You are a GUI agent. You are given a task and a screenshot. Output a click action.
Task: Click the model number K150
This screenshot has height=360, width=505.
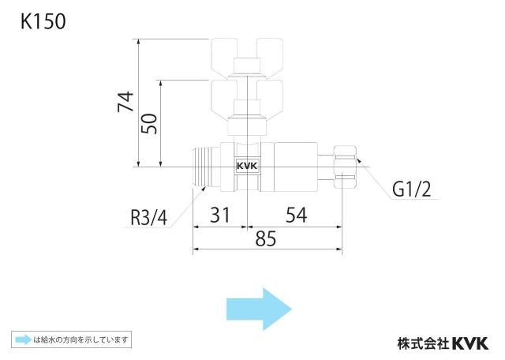tap(43, 21)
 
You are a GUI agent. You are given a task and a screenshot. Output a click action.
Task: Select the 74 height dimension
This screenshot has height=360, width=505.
tap(125, 101)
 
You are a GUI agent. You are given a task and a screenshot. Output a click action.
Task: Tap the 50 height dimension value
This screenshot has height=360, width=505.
tap(149, 123)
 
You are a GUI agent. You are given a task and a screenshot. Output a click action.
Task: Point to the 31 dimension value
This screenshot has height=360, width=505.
tap(220, 215)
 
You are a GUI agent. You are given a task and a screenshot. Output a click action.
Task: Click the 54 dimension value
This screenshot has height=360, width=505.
tap(297, 215)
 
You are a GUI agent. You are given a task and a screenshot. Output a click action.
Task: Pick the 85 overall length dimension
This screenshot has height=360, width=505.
tap(266, 239)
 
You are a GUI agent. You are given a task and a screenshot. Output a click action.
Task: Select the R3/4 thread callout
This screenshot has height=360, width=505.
tap(149, 217)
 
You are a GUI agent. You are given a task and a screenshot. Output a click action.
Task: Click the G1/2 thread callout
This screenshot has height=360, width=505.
tap(411, 189)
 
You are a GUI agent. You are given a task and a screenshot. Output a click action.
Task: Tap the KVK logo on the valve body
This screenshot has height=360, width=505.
tap(247, 166)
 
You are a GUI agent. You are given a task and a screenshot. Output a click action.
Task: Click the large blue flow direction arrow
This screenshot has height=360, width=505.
tap(260, 309)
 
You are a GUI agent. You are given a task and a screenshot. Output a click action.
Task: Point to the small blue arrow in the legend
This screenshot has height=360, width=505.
tap(24, 339)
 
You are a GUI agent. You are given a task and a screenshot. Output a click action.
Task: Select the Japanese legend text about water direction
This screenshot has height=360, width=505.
tap(80, 339)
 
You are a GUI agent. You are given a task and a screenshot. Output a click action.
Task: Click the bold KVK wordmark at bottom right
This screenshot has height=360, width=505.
tap(470, 343)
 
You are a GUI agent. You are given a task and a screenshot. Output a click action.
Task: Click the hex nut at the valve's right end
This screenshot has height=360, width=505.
tap(345, 167)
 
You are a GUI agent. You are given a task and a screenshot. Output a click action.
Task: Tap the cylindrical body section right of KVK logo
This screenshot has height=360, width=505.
tap(295, 167)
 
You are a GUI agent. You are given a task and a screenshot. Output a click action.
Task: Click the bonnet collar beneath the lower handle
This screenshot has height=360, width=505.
tap(247, 126)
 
